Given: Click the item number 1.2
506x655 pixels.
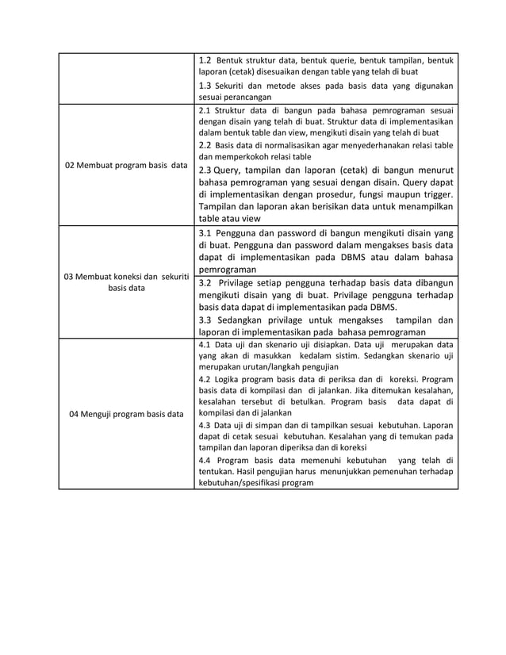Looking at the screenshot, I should click(x=205, y=59).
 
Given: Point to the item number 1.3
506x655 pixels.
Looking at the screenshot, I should click(x=205, y=85).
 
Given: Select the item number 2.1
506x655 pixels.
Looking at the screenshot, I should click(x=205, y=110).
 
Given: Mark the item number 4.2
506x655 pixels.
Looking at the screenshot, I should click(x=205, y=379).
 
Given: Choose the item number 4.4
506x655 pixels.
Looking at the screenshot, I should click(x=205, y=460).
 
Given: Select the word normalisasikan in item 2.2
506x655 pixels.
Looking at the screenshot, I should click(x=287, y=145).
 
